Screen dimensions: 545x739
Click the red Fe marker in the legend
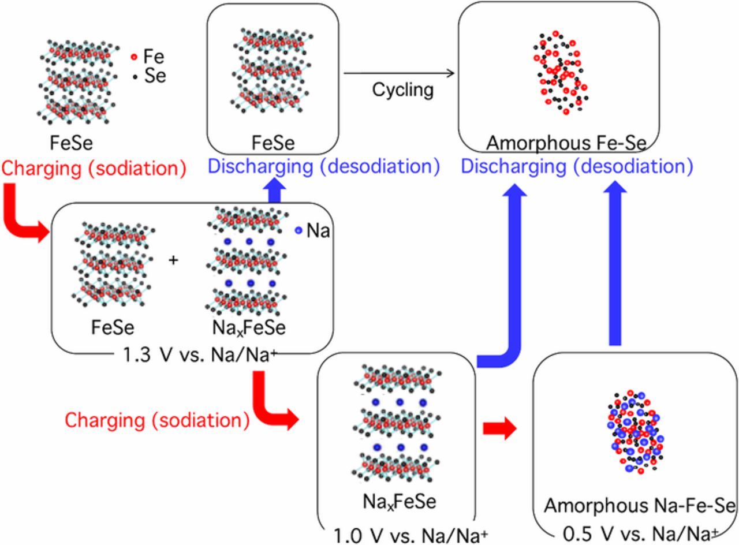135,57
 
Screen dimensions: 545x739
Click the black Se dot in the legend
135,76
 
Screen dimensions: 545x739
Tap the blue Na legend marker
298,230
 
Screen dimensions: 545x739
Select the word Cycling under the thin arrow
402,90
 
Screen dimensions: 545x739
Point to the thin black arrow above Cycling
398,73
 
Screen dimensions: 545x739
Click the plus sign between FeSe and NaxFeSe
173,260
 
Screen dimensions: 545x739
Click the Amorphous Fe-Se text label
566,143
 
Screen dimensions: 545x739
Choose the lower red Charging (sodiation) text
157,420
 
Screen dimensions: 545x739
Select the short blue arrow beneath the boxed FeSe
275,191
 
